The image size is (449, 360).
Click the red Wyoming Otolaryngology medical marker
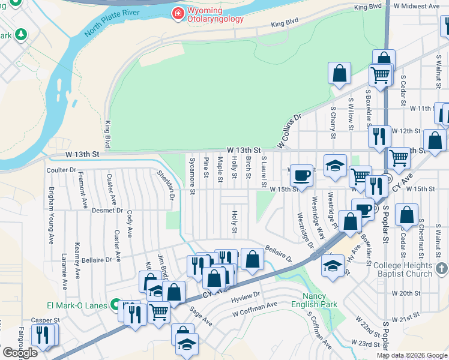tap(178, 13)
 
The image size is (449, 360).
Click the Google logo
tap(20, 353)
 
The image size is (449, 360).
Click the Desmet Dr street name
tap(107, 211)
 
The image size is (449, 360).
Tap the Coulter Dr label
tap(61, 170)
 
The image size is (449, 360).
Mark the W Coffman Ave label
tap(255, 308)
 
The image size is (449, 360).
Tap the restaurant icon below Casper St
tap(42, 334)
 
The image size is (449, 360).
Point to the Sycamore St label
tap(192, 176)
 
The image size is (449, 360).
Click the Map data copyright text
tap(411, 355)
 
